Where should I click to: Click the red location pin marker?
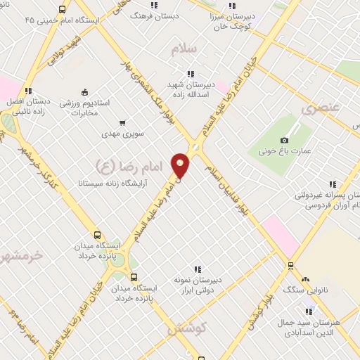[x=181, y=166]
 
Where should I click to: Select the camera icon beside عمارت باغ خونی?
[x=284, y=141]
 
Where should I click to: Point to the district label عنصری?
[x=321, y=109]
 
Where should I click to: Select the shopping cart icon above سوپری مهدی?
[x=122, y=122]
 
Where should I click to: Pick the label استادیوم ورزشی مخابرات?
[x=84, y=107]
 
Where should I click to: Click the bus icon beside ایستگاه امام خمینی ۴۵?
[x=63, y=9]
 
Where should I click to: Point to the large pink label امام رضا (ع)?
[x=129, y=165]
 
